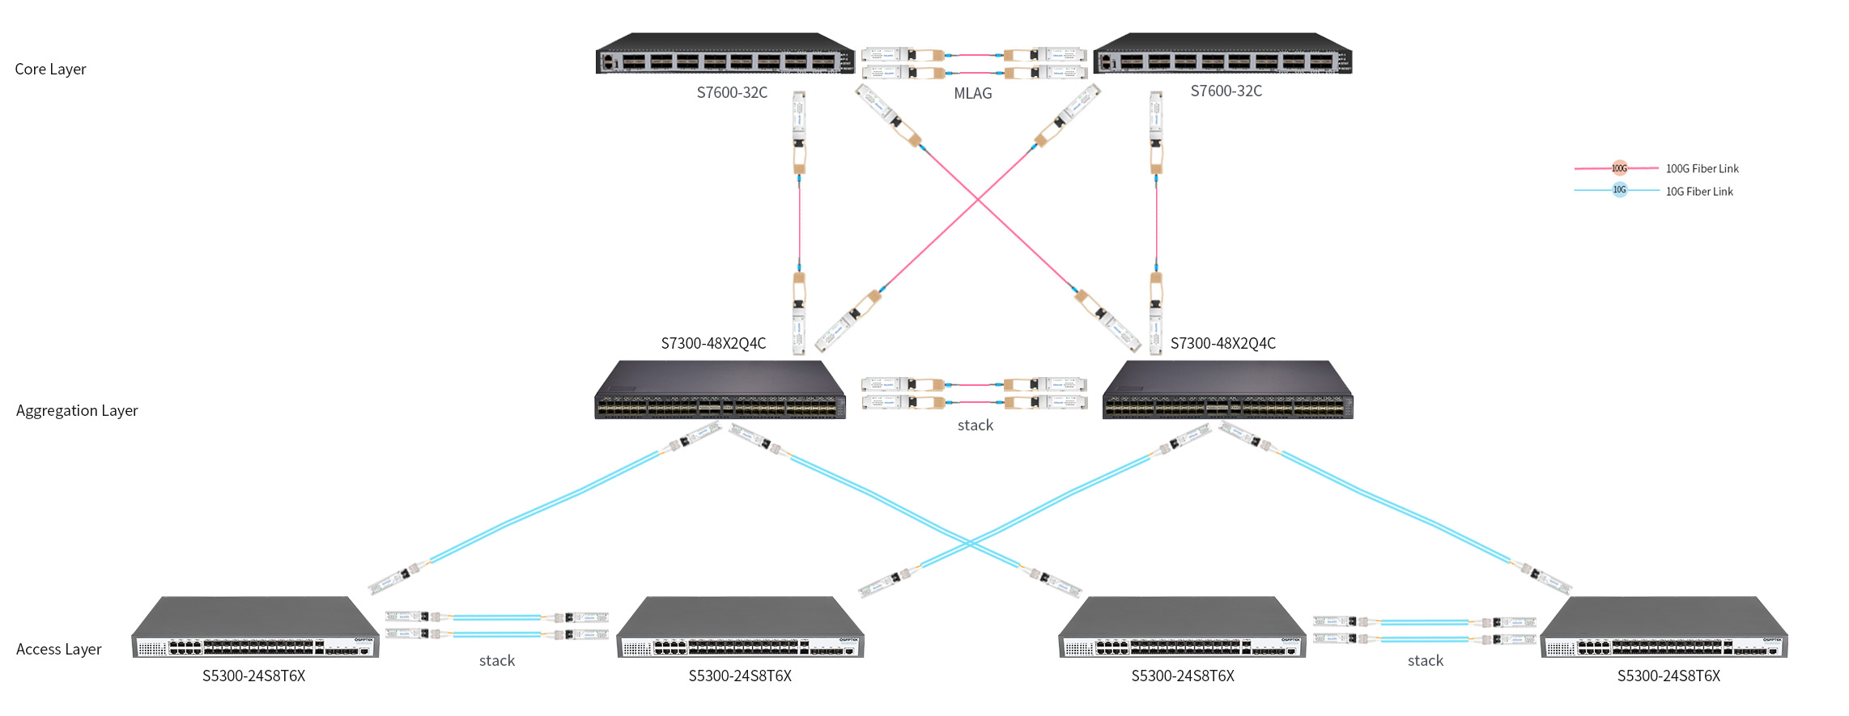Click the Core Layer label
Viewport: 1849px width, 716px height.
click(x=50, y=70)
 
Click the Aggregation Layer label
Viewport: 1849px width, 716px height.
click(x=77, y=411)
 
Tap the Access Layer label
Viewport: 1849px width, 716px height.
click(x=58, y=650)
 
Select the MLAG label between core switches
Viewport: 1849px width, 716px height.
click(x=972, y=94)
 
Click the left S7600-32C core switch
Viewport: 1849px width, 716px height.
click(x=725, y=54)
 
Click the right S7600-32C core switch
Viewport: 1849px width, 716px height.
click(x=1222, y=54)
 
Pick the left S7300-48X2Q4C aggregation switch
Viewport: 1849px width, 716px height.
click(x=720, y=391)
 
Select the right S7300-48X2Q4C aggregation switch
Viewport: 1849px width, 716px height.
click(x=1227, y=391)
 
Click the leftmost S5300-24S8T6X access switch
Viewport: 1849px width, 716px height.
click(x=255, y=629)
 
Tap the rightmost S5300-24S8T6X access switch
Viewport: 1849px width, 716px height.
click(x=1664, y=629)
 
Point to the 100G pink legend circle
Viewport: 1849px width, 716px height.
click(x=1619, y=168)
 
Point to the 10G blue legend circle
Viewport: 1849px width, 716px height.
click(x=1619, y=190)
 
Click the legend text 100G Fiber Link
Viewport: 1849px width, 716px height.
click(x=1702, y=169)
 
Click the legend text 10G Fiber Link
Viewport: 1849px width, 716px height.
click(x=1699, y=192)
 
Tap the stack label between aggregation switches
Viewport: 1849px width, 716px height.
click(x=975, y=426)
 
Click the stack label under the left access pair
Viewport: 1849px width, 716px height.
click(x=496, y=661)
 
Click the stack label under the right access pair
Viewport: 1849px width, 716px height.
click(x=1425, y=661)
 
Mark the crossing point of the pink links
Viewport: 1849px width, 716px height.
click(x=978, y=199)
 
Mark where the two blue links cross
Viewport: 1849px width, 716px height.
click(x=969, y=543)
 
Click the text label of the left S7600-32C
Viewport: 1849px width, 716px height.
click(x=732, y=93)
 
